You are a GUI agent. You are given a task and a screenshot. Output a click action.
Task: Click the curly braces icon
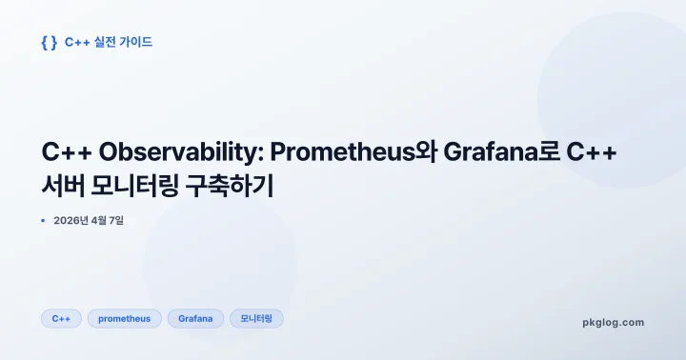click(x=49, y=42)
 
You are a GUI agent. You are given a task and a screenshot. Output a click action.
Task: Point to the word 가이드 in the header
click(x=136, y=42)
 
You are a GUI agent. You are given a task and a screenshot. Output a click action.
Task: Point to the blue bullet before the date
click(x=44, y=221)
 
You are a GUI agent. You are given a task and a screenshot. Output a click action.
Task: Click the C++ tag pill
click(x=61, y=318)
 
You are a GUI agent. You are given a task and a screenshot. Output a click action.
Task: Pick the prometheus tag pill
click(x=125, y=318)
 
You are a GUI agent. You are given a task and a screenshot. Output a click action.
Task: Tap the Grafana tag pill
click(x=195, y=318)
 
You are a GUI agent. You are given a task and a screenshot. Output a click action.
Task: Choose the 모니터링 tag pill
click(x=256, y=318)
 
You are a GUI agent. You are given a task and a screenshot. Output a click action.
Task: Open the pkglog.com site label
click(x=613, y=322)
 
